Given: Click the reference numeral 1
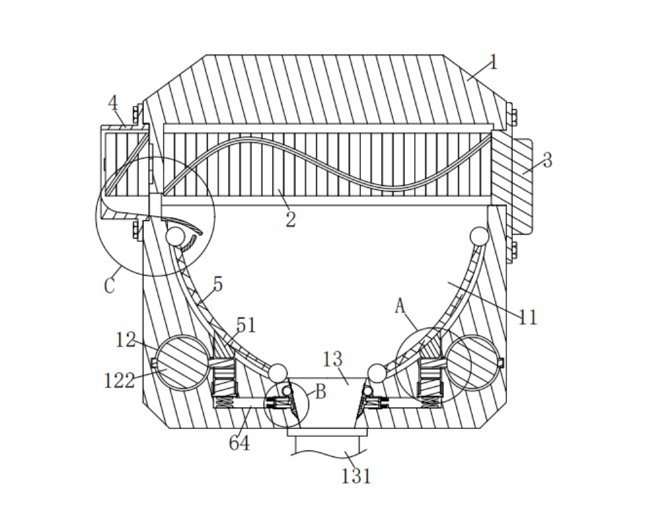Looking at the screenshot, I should pos(494,63).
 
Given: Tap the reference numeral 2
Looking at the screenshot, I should pos(290,219).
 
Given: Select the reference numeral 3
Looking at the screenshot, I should pos(547,160).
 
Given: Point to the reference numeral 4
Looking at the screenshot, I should pos(113,103).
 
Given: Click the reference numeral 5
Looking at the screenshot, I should pos(217,284).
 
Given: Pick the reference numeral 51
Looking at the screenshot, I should pos(246,324).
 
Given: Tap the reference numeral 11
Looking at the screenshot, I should pos(528,317).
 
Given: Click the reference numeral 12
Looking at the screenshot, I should pos(126,339).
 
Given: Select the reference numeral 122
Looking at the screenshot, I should pos(119,380).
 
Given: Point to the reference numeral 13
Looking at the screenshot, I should pos(332,359).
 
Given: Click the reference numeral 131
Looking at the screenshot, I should pos(356,476).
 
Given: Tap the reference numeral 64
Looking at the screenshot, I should pos(239,443).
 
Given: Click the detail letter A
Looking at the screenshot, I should pos(400,306).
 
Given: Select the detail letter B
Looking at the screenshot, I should pos(320,392).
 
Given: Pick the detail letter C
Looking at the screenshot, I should pos(109,285).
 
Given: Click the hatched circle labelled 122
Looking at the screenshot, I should pos(183,363).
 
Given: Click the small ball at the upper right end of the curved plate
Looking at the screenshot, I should pos(479,235).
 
